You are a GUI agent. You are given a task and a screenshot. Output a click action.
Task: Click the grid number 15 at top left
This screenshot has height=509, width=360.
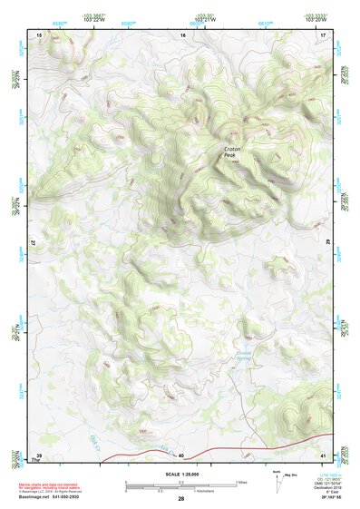coord(39,34)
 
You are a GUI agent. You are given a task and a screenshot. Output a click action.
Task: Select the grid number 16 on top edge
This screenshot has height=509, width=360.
coord(182,34)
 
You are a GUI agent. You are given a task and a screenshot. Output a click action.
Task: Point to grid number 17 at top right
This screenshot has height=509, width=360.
coord(323,34)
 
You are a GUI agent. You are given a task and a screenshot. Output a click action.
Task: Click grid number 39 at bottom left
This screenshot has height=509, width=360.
coord(39,455)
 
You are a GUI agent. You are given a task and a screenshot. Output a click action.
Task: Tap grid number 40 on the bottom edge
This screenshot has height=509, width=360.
coord(181,455)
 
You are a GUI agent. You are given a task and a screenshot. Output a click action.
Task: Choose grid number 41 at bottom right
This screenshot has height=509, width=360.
coord(323,455)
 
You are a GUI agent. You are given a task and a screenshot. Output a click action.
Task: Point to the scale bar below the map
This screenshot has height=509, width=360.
coord(180,486)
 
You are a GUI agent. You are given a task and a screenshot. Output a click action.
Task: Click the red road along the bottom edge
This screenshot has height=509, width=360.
coord(181,448)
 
